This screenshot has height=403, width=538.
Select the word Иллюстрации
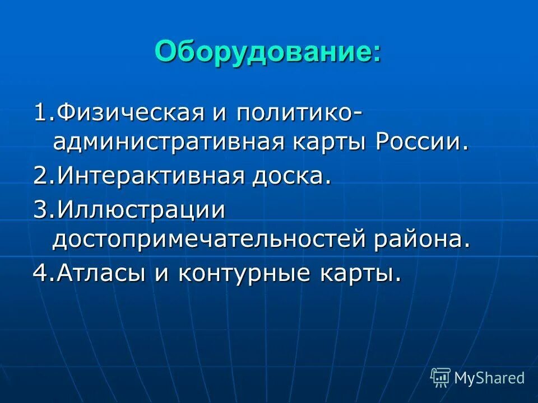[140, 210]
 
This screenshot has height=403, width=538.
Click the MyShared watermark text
[489, 378]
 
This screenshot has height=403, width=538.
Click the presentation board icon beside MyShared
[440, 378]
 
